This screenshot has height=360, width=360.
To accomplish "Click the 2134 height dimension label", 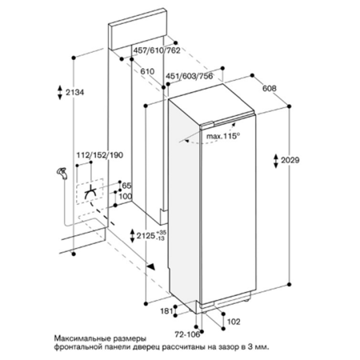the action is (x=75, y=92).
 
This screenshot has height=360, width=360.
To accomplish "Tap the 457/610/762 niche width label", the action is (x=157, y=50).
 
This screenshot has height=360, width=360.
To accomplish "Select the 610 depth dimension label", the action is (x=147, y=71).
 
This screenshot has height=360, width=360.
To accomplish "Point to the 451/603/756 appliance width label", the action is (x=190, y=76).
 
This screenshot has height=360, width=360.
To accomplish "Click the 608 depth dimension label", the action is (x=270, y=88).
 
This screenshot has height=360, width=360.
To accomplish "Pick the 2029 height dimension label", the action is (x=290, y=160).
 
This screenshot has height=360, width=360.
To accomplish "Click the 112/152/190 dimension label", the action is (x=100, y=155).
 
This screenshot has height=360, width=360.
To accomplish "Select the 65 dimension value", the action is (x=126, y=186).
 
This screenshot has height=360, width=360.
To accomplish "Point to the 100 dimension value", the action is (x=126, y=196).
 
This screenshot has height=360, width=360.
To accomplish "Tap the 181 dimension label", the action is (x=166, y=310).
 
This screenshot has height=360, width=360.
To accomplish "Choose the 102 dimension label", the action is (x=234, y=322).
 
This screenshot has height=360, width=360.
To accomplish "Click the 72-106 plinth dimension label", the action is (x=187, y=334).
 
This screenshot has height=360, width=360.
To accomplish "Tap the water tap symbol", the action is (x=62, y=173).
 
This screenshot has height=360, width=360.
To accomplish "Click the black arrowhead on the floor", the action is (x=151, y=266).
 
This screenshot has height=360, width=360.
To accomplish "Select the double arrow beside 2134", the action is (x=60, y=92).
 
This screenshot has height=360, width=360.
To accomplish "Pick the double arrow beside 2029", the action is (x=276, y=161).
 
